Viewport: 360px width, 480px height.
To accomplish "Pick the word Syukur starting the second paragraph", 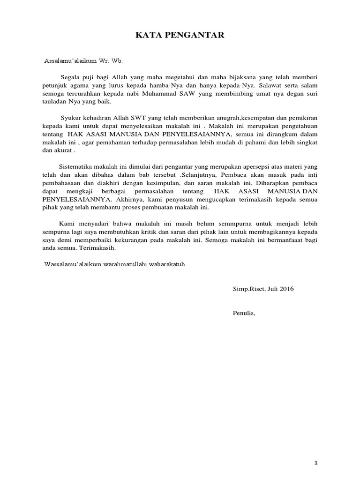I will click(x=70, y=118).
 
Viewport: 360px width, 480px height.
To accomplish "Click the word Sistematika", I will click(x=76, y=166).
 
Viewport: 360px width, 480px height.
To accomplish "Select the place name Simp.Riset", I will click(x=248, y=289).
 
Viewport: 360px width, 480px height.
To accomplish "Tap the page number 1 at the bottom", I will click(x=316, y=450).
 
